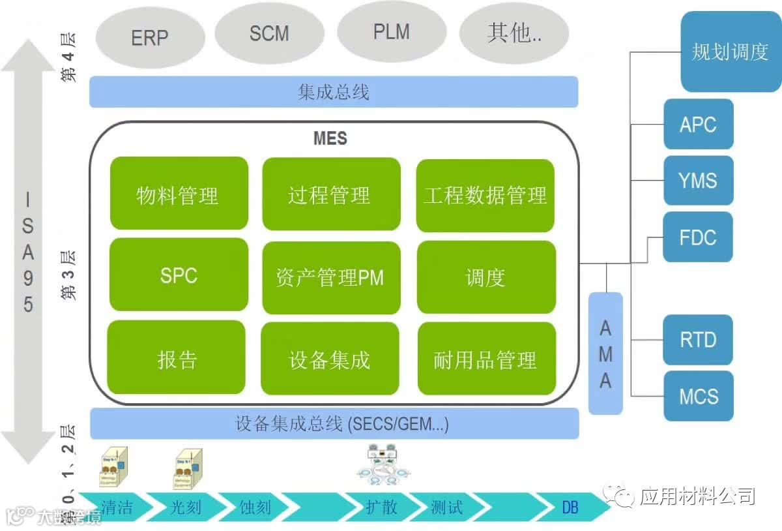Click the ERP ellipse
pyautogui.click(x=150, y=37)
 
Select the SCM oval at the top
pyautogui.click(x=269, y=33)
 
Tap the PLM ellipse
pyautogui.click(x=392, y=32)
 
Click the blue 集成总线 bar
pyautogui.click(x=334, y=92)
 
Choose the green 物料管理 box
pyautogui.click(x=179, y=194)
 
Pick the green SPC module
pyautogui.click(x=179, y=275)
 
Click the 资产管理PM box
pyautogui.click(x=330, y=277)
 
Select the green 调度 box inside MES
pyautogui.click(x=486, y=277)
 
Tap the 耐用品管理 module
pyautogui.click(x=486, y=359)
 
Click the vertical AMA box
pyautogui.click(x=605, y=354)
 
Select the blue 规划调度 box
pyautogui.click(x=730, y=52)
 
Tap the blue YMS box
pyautogui.click(x=698, y=180)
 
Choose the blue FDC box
pyautogui.click(x=698, y=237)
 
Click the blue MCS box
pyautogui.click(x=698, y=396)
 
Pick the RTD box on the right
pyautogui.click(x=698, y=340)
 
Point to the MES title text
pyautogui.click(x=330, y=138)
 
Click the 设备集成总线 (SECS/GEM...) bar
pyautogui.click(x=334, y=424)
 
